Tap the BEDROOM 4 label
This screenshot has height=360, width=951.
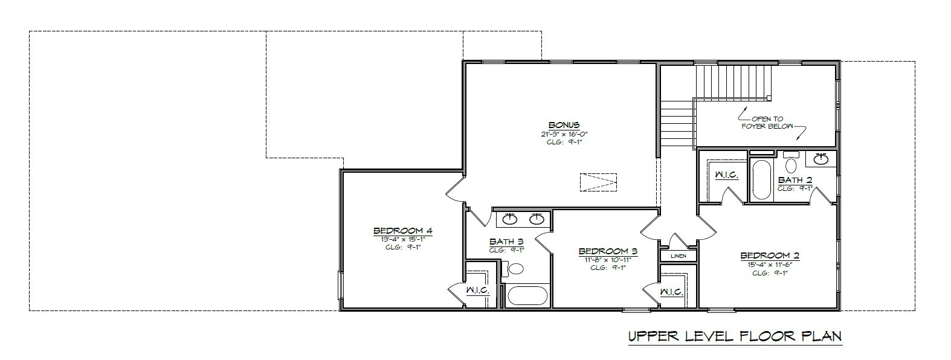[402, 231]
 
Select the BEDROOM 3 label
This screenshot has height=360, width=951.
[608, 251]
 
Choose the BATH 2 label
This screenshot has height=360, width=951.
[795, 180]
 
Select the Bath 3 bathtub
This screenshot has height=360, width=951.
[527, 296]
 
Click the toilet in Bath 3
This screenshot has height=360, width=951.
[515, 269]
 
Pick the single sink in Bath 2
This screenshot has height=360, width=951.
[820, 159]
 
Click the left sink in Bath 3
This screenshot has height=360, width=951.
[511, 218]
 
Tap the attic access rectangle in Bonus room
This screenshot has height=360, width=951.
[598, 182]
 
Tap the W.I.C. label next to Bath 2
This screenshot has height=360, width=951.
[726, 175]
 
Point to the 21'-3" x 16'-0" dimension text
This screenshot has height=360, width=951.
[564, 133]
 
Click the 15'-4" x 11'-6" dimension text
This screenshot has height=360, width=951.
[770, 264]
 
